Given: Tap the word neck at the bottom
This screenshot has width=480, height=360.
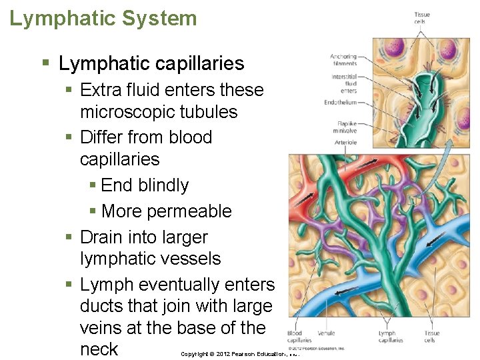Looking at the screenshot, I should click(x=99, y=349).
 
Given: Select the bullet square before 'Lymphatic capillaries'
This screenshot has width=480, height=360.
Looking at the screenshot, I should click(x=45, y=64).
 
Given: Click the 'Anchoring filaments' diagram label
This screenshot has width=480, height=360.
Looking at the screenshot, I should click(x=343, y=60).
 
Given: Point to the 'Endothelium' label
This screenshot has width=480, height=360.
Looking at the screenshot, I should click(x=341, y=103).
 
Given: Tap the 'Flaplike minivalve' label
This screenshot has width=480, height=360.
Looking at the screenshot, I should click(x=345, y=128).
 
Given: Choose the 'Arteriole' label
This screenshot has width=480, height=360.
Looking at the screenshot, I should click(x=346, y=143).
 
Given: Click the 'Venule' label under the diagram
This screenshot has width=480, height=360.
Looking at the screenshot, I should click(x=326, y=333).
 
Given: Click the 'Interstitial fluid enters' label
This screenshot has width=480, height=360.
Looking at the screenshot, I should click(x=345, y=83).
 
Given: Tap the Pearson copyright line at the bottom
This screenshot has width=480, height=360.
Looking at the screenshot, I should click(x=240, y=353).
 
